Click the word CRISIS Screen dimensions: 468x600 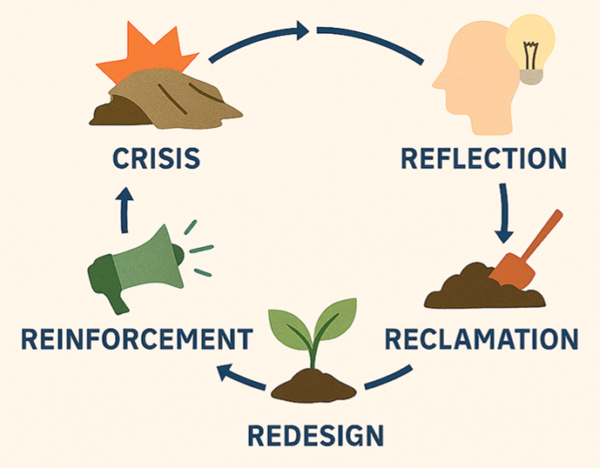click(157, 158)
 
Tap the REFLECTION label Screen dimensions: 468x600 click(483, 158)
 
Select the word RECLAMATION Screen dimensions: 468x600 click(482, 338)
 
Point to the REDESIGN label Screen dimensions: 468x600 click(315, 433)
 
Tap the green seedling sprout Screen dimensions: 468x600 click(313, 326)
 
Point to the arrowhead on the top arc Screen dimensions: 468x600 click(301, 31)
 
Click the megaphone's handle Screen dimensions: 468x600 click(114, 295)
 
